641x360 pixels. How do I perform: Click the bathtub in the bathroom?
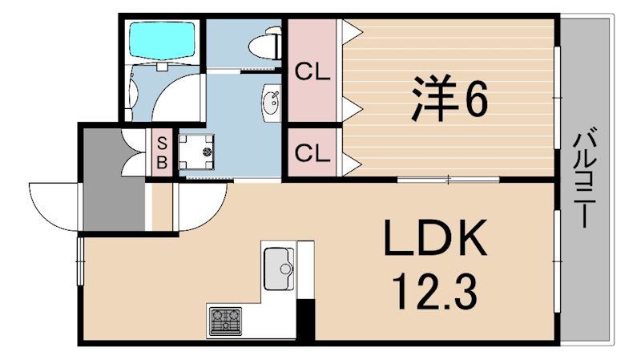(162, 40)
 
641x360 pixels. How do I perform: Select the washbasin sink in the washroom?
(271, 103)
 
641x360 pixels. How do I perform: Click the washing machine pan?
(196, 152)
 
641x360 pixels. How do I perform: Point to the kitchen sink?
(279, 269)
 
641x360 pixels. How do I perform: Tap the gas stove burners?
(225, 322)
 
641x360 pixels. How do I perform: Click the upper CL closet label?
(312, 73)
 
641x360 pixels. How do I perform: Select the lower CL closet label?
(312, 154)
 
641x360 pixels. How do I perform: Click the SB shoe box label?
(163, 153)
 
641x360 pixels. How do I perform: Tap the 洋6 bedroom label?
(450, 99)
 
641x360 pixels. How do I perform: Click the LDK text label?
(435, 237)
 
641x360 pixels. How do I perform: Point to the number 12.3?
(434, 293)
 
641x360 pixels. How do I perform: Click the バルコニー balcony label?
(586, 177)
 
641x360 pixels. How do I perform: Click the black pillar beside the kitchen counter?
(305, 320)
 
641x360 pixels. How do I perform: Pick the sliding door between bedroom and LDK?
(449, 179)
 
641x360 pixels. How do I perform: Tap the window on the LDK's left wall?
(80, 261)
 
